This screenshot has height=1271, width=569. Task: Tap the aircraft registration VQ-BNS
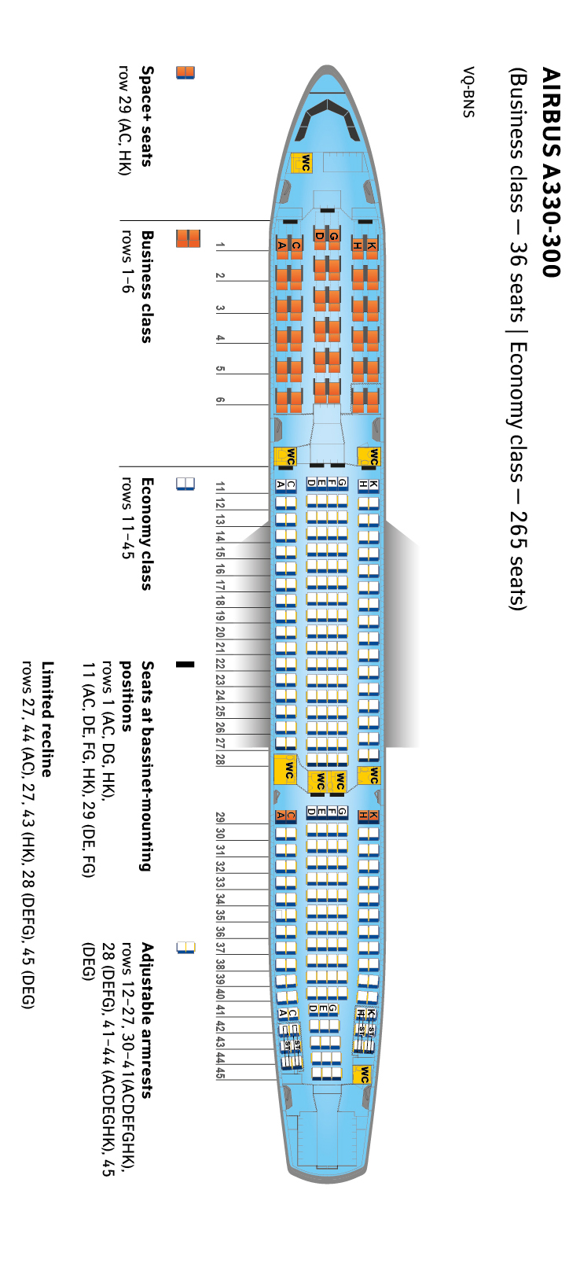pos(468,92)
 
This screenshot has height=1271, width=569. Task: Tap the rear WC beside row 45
pos(362,1075)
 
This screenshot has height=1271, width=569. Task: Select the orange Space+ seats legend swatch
pos(185,72)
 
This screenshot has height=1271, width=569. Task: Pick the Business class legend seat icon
pos(188,238)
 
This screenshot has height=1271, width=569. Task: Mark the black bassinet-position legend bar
pos(185,665)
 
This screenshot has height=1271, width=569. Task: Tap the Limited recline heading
pos(48,719)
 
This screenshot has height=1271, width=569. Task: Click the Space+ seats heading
pos(147,116)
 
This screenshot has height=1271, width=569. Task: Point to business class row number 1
pos(221,245)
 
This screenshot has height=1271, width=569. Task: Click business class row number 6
pos(221,400)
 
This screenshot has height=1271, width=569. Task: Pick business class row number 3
pos(221,308)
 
